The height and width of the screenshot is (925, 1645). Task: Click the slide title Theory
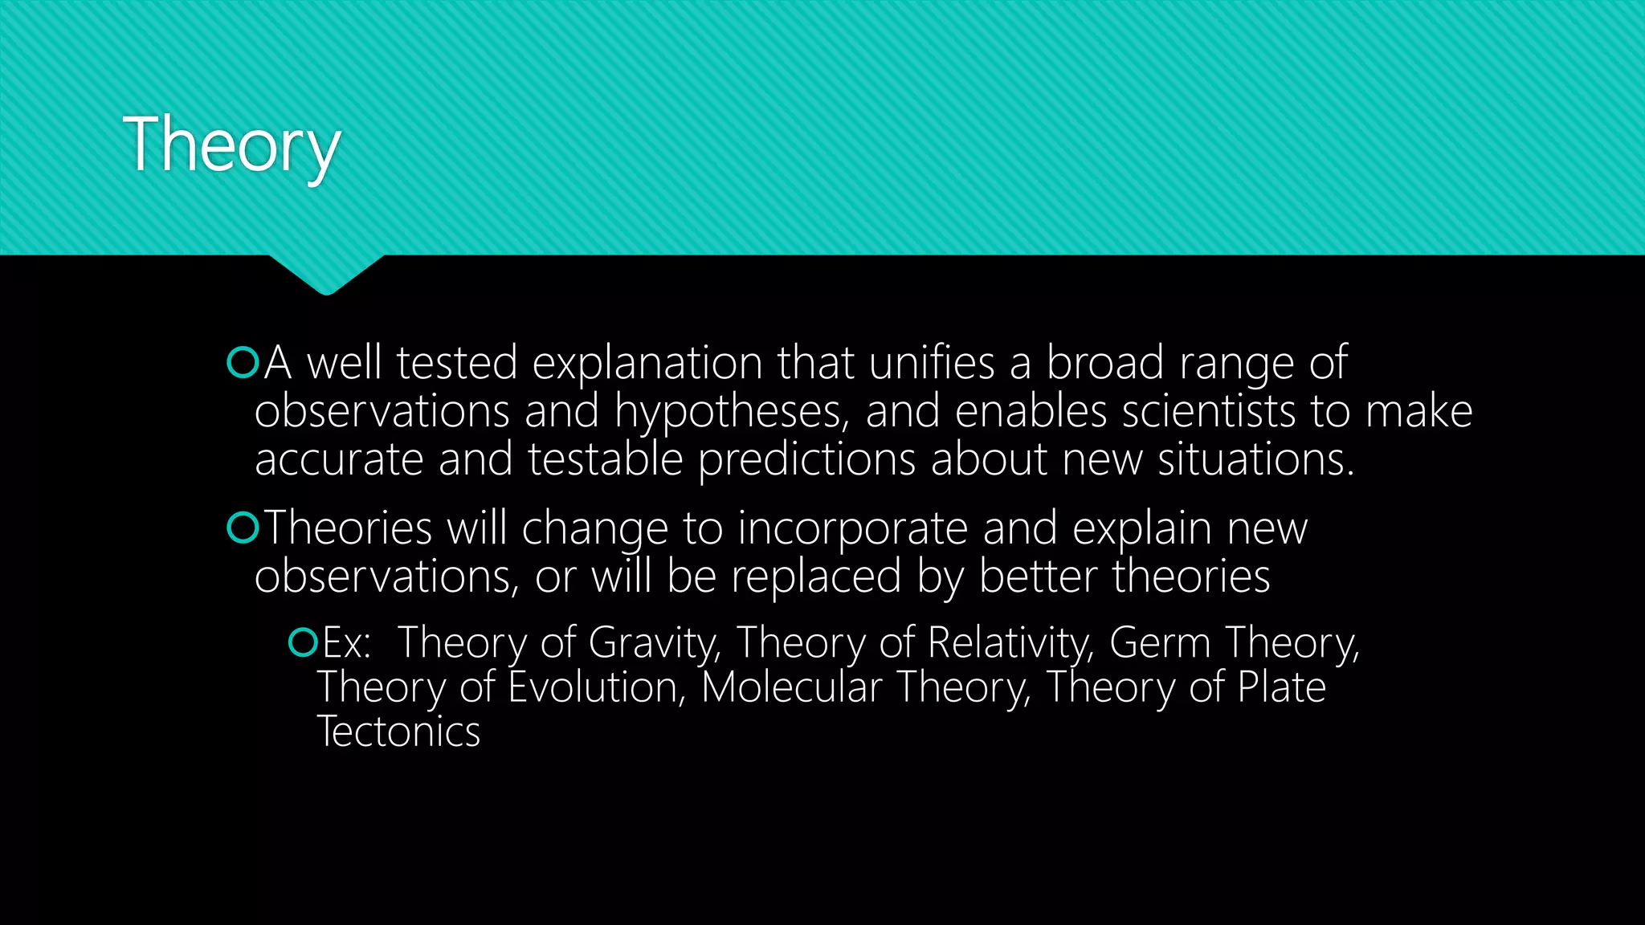pyautogui.click(x=231, y=145)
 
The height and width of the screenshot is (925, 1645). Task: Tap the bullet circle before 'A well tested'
pyautogui.click(x=243, y=363)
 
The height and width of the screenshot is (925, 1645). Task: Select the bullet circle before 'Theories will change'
pyautogui.click(x=243, y=528)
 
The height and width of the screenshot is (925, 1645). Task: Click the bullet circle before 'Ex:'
pyautogui.click(x=303, y=642)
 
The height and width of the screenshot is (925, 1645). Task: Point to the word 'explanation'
pyautogui.click(x=647, y=364)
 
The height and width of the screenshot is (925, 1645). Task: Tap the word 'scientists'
pyautogui.click(x=1208, y=411)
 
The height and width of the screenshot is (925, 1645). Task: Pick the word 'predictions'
pyautogui.click(x=806, y=460)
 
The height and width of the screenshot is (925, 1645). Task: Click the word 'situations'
pyautogui.click(x=1255, y=459)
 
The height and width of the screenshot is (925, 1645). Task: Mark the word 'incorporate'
pyautogui.click(x=852, y=529)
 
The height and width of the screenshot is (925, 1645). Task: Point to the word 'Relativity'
pyautogui.click(x=1009, y=643)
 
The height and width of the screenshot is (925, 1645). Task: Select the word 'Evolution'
pyautogui.click(x=597, y=687)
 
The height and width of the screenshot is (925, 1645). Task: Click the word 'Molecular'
pyautogui.click(x=791, y=687)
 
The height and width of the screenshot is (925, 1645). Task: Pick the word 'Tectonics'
pyautogui.click(x=399, y=731)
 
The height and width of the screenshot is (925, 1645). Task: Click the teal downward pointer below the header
pyautogui.click(x=326, y=274)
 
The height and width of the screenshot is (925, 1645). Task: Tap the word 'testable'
pyautogui.click(x=605, y=459)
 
